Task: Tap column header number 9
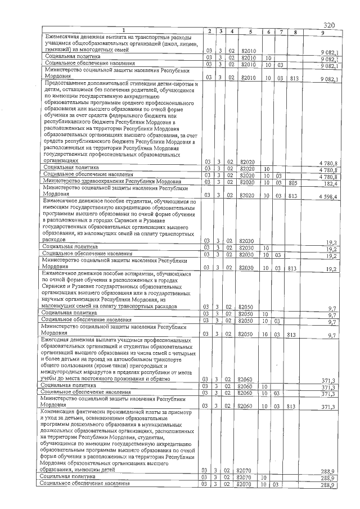point(322,31)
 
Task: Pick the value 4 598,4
point(326,196)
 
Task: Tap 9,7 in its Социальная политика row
point(332,316)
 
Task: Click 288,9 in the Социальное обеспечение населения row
point(328,485)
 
